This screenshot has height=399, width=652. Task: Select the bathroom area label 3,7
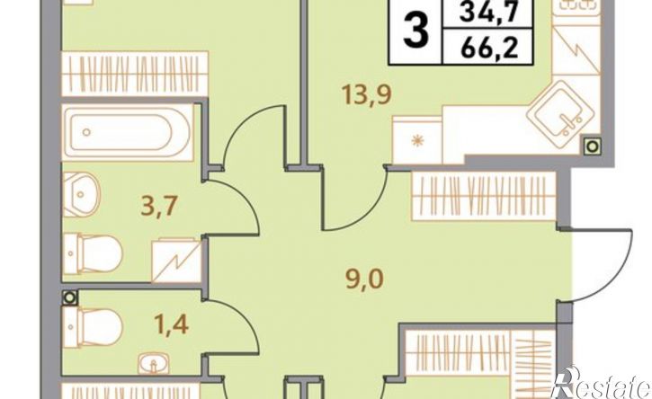coord(160,206)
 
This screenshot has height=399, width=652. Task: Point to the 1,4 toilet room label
coord(171,324)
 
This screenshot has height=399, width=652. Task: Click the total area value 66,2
coord(488,48)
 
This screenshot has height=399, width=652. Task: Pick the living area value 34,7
coord(488,13)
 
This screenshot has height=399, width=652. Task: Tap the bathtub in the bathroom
coord(128,133)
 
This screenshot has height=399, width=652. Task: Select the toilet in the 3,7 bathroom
coord(94,253)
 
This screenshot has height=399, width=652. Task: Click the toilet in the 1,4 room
coord(93,327)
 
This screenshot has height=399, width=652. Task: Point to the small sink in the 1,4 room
coord(154,364)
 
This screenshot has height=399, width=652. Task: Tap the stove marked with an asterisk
coord(417,140)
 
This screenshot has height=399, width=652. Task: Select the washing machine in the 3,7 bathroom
coord(176,261)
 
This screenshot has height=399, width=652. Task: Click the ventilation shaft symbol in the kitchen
coord(593,146)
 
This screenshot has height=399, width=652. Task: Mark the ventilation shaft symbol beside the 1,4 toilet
coord(69,297)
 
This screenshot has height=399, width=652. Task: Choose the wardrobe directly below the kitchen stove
coord(484,196)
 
